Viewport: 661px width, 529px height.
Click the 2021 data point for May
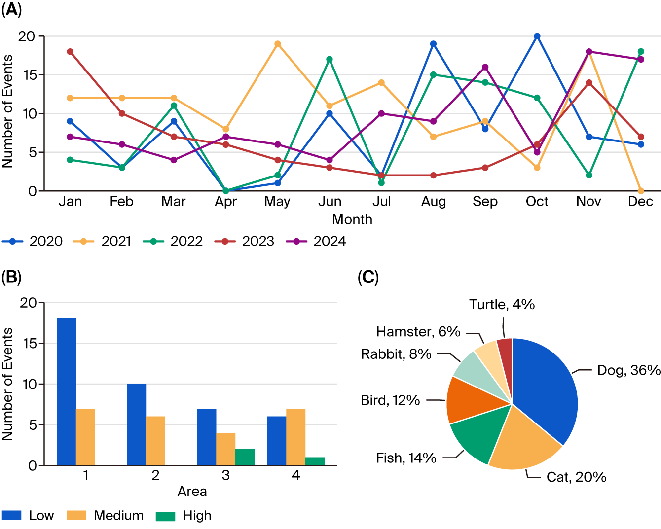[x=278, y=44]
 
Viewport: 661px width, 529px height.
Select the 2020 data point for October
[x=537, y=36]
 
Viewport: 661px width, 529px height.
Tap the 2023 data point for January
[x=70, y=52]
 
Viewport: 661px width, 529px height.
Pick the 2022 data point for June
[x=330, y=59]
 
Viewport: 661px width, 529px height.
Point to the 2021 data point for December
[x=641, y=191]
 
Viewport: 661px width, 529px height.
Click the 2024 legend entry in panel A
[x=317, y=241]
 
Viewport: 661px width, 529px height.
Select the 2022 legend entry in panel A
[x=173, y=241]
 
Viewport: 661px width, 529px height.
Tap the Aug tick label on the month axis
[x=434, y=202]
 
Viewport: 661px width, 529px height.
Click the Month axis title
[x=352, y=219]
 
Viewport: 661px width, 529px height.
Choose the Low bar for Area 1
[x=67, y=392]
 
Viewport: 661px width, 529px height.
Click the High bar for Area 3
[x=245, y=457]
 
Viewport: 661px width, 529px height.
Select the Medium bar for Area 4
[x=296, y=437]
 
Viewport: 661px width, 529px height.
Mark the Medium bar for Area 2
[x=156, y=441]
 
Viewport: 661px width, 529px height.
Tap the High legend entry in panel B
[x=184, y=516]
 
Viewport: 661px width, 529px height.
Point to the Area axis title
[x=192, y=492]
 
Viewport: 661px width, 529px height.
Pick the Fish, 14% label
[x=406, y=458]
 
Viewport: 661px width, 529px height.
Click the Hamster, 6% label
[x=418, y=332]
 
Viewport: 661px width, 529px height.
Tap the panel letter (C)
[x=368, y=278]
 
